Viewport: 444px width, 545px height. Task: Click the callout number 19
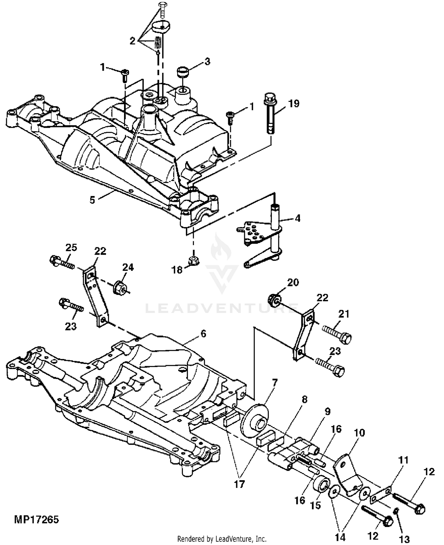[x=294, y=103]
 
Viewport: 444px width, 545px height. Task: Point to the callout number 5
[x=92, y=200]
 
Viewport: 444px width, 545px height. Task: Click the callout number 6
[x=203, y=334]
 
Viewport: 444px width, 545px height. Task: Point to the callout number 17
[x=239, y=484]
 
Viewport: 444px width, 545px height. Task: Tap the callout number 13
[x=405, y=539]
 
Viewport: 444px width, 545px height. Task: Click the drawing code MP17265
[x=36, y=520]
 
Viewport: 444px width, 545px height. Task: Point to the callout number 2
[x=132, y=41]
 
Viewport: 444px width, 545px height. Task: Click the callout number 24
[x=128, y=267]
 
